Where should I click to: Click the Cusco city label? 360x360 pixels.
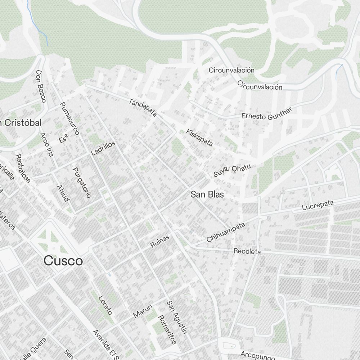(x=63, y=261)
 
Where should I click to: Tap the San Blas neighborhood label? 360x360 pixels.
(x=207, y=194)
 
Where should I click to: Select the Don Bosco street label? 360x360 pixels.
(x=41, y=86)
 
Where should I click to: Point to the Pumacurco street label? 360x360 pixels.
(x=69, y=118)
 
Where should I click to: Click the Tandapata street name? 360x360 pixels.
(x=143, y=107)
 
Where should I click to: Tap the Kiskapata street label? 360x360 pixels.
(x=199, y=138)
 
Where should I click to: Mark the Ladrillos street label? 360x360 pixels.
(x=103, y=148)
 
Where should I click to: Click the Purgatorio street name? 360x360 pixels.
(x=82, y=183)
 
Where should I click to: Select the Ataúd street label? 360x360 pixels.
(x=63, y=193)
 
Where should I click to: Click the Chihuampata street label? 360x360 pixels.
(x=226, y=232)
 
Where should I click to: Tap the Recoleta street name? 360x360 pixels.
(x=247, y=251)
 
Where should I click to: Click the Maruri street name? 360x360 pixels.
(x=143, y=311)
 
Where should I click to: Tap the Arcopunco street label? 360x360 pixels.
(x=258, y=355)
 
